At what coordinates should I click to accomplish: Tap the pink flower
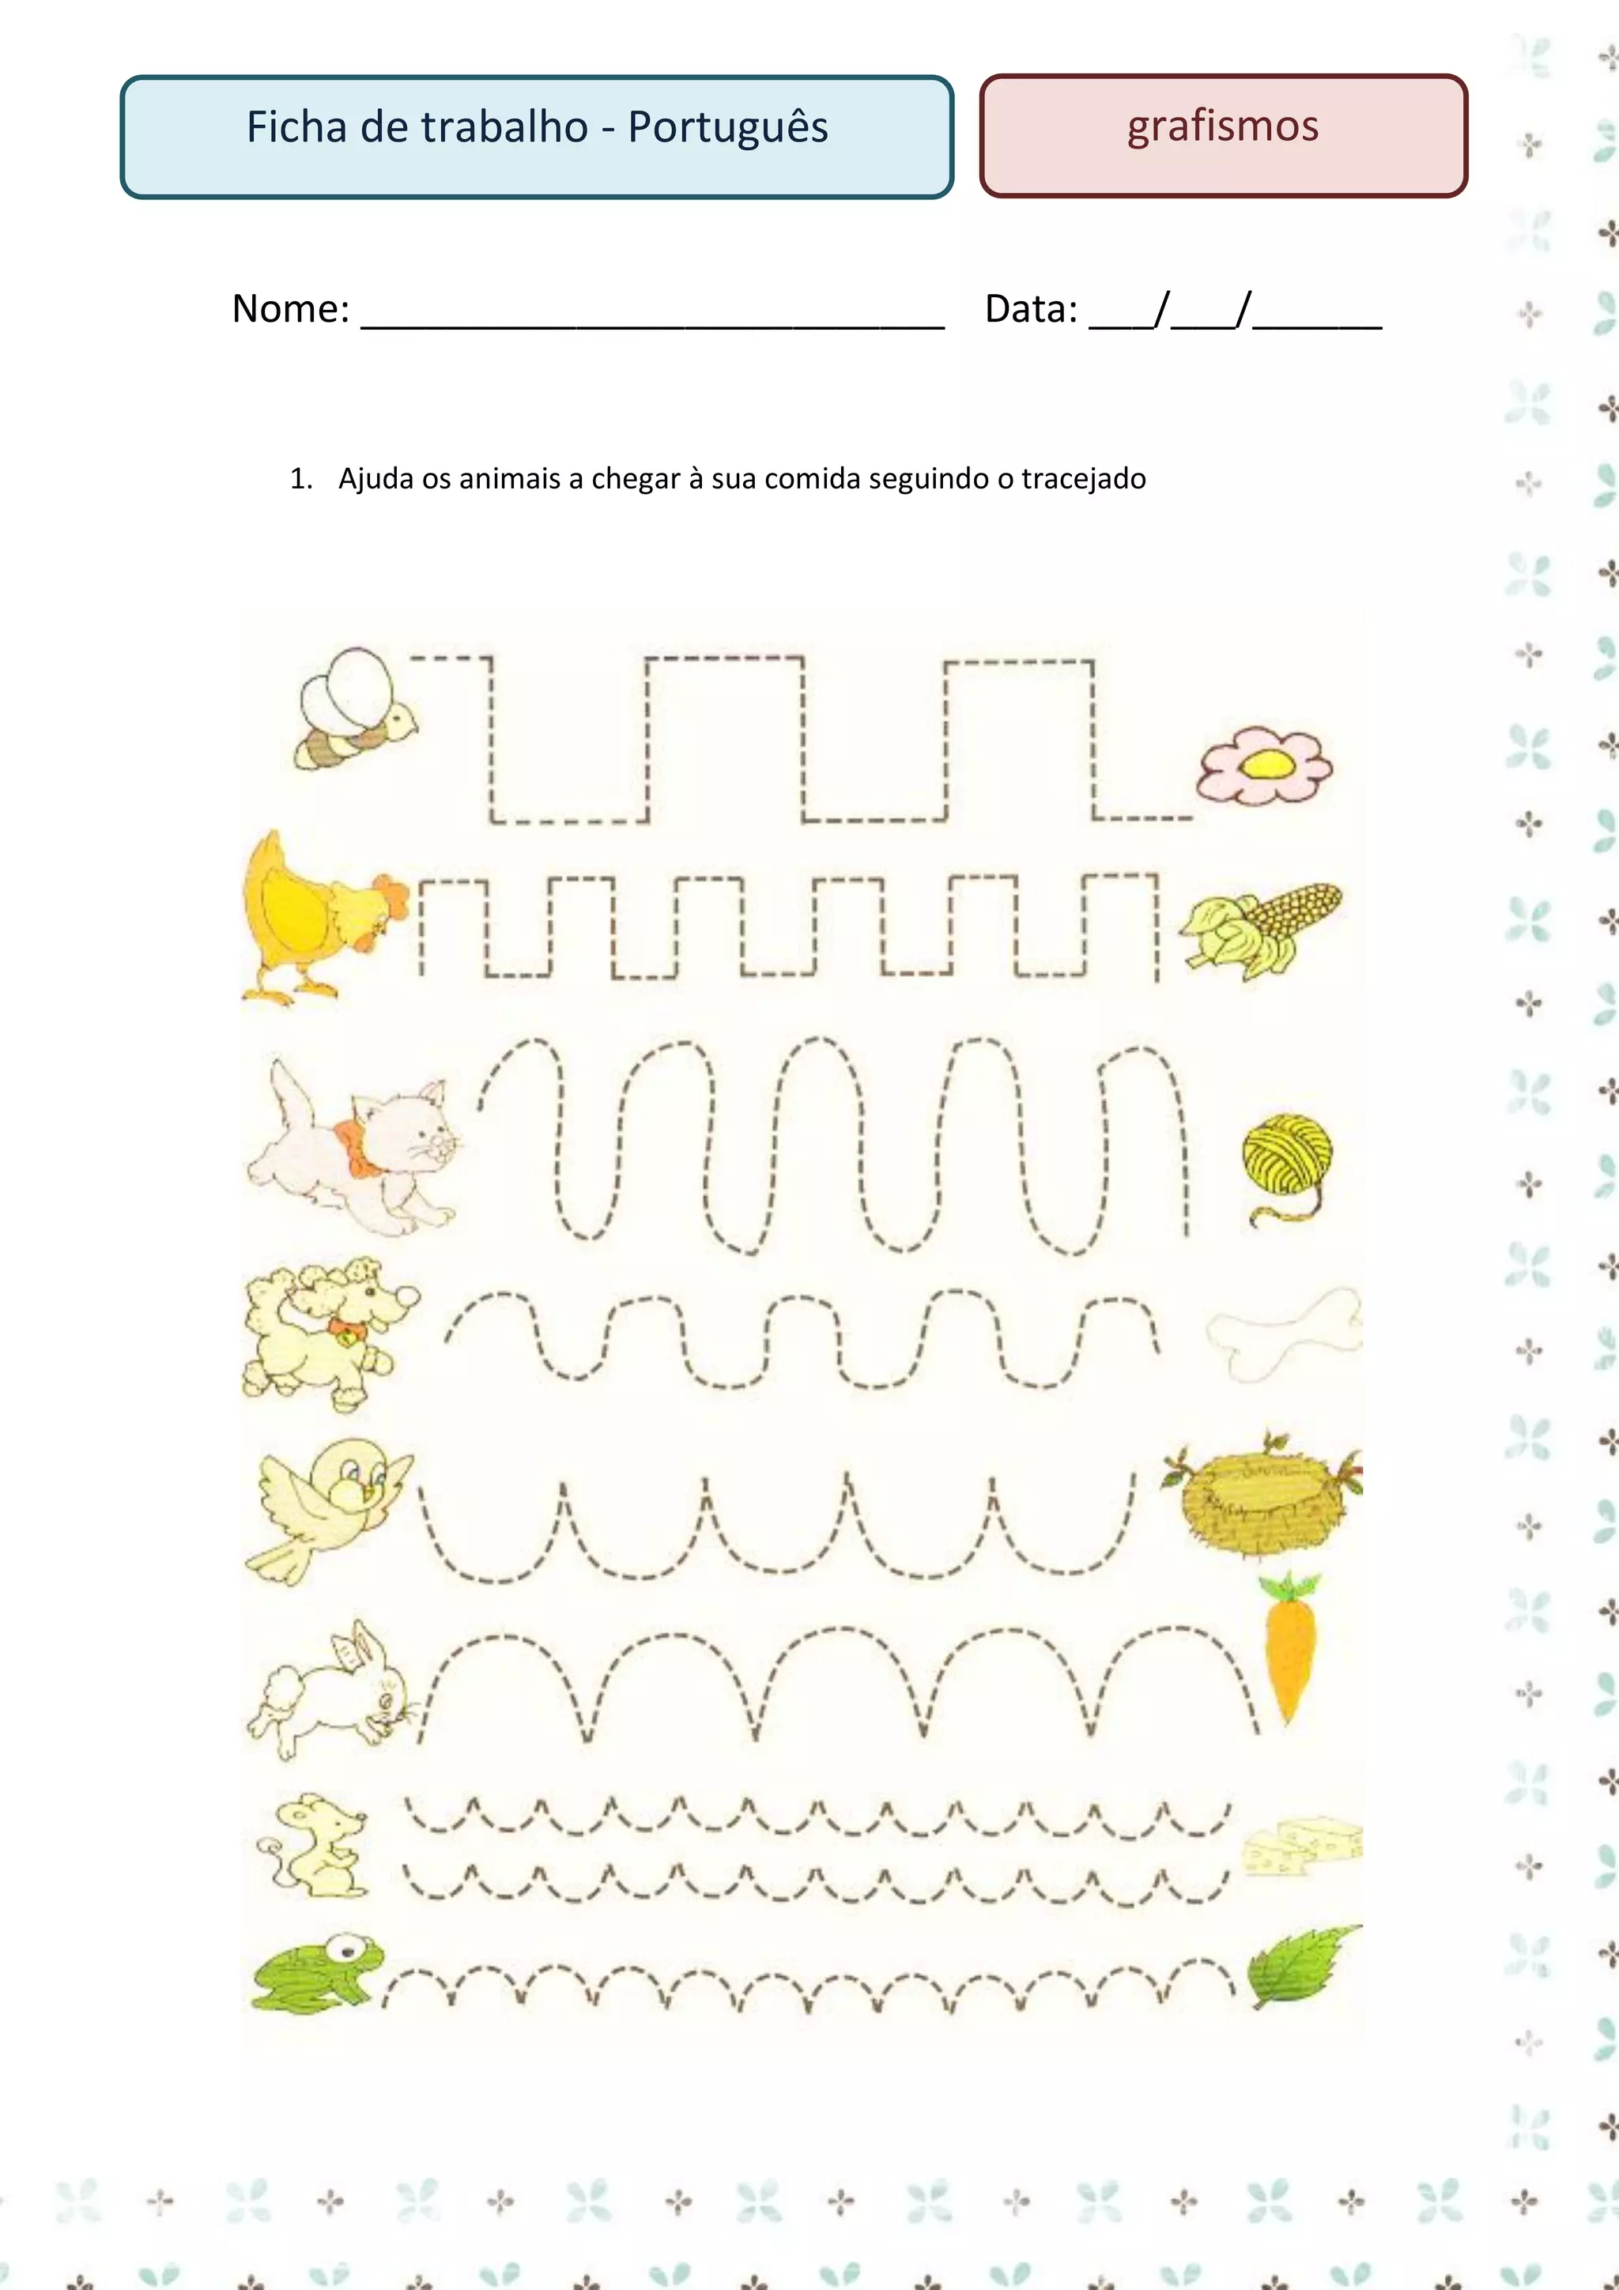click(1265, 765)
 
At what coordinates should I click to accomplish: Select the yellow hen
click(319, 915)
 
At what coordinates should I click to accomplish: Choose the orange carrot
click(1290, 1647)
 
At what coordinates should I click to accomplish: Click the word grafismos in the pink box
click(1223, 126)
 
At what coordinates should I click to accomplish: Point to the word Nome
click(290, 309)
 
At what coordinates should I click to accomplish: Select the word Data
click(1031, 309)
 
